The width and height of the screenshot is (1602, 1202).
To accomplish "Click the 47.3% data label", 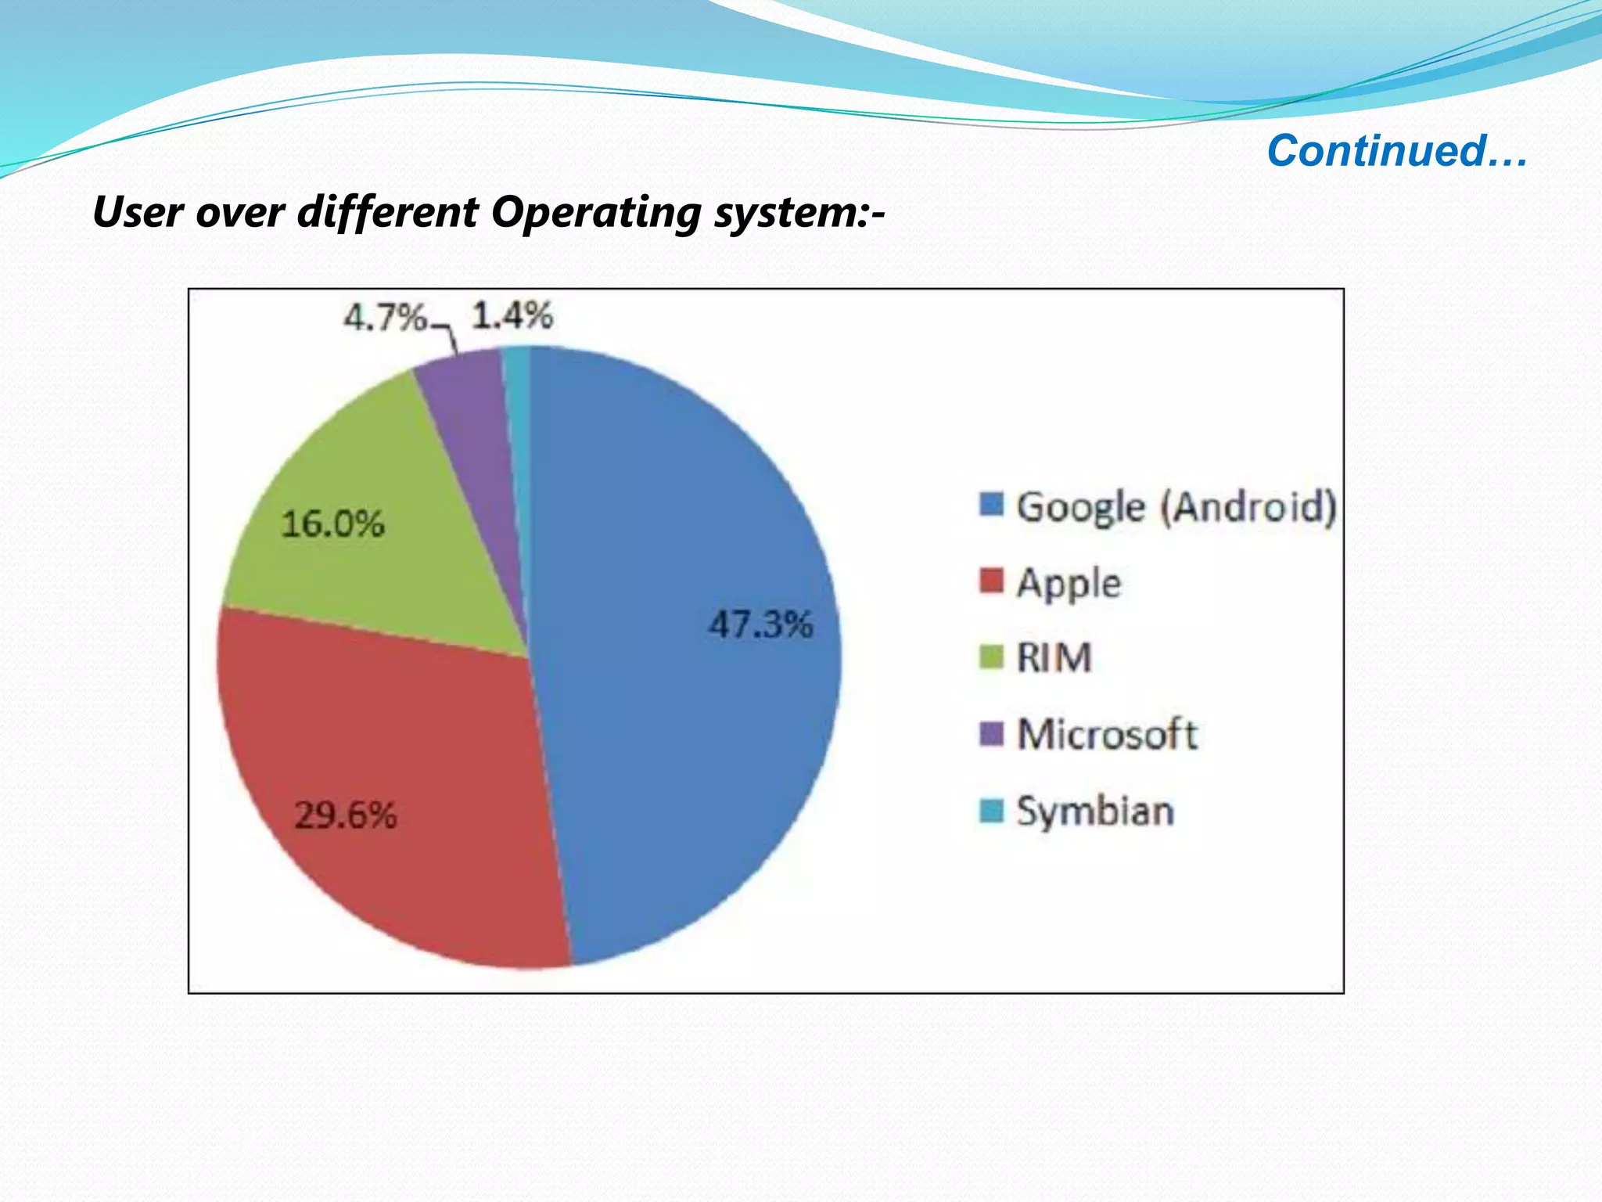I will tap(760, 624).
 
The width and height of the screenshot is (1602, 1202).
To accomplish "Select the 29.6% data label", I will tap(346, 815).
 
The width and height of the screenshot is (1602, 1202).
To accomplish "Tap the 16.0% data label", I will tap(332, 524).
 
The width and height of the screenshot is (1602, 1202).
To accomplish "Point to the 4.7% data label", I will tap(385, 318).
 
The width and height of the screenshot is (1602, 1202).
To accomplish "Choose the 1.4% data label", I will tap(512, 315).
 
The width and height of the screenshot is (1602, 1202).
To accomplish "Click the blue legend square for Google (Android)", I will tap(991, 505).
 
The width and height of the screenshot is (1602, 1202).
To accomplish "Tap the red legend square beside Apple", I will tap(991, 581).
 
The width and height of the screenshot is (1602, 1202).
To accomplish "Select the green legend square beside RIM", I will tap(991, 657).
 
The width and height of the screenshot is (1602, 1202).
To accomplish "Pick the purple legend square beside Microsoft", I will tap(991, 733).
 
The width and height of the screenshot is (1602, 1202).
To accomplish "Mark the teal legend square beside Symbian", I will tap(991, 810).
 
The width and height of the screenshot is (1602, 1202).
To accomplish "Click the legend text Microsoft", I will tap(1107, 734).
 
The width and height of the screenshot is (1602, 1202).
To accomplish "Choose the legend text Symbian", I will tap(1095, 811).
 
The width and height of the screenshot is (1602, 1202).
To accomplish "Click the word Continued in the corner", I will tap(1377, 150).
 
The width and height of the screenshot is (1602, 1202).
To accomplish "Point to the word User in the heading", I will tap(137, 211).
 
